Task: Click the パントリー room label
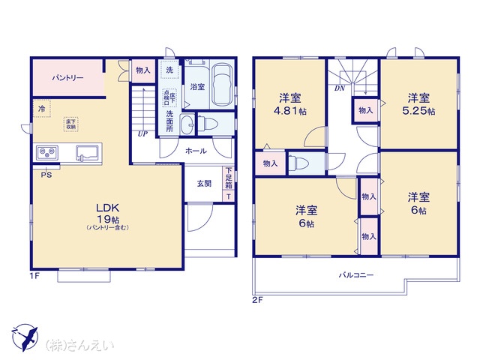(x=67, y=78)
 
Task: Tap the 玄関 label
(x=204, y=183)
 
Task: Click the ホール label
(x=196, y=151)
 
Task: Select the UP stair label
(x=142, y=134)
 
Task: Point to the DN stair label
(x=340, y=87)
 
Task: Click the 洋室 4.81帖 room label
(x=291, y=104)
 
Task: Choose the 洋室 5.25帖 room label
(x=419, y=104)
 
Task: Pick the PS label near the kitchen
(x=46, y=175)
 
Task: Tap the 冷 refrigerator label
(x=41, y=109)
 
